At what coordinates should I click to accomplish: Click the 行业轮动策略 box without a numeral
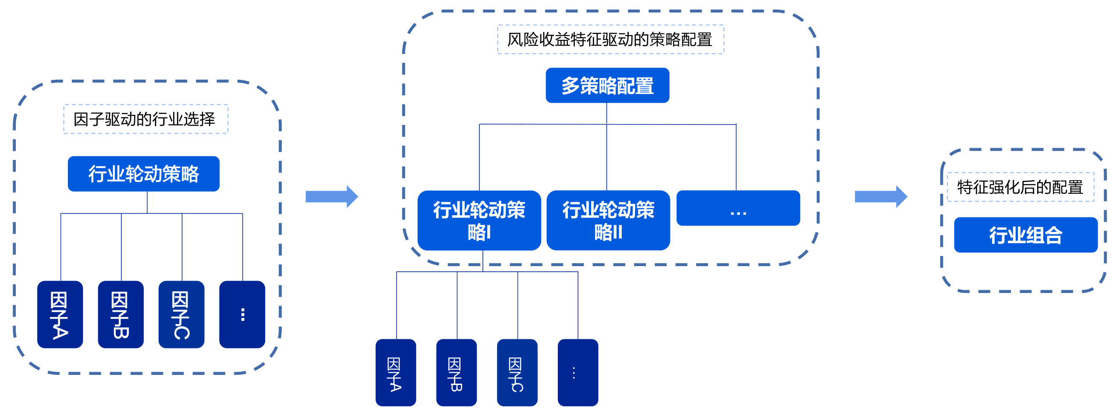[143, 174]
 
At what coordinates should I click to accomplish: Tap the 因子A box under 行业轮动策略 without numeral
[60, 314]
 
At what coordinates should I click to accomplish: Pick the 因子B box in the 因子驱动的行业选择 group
[120, 314]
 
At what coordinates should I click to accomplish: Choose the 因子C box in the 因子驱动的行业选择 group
[181, 314]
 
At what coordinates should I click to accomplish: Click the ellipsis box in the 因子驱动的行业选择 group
[242, 314]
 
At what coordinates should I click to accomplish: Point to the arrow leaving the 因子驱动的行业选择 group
[332, 196]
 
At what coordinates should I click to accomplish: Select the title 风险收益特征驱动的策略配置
[610, 39]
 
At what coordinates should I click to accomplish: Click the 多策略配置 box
[607, 85]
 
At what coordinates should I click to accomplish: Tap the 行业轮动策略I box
[479, 220]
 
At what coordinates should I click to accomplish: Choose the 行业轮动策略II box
[608, 220]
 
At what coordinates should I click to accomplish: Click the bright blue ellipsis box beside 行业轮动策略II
[738, 208]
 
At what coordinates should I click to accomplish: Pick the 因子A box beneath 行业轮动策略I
[396, 373]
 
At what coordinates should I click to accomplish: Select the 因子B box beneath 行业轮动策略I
[456, 373]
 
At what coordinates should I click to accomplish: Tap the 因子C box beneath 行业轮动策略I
[517, 373]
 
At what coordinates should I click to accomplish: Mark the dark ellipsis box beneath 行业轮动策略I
[577, 373]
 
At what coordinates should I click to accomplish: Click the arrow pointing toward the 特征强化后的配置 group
[881, 196]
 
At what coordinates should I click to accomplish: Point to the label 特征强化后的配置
[1020, 187]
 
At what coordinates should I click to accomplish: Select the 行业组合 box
[1025, 235]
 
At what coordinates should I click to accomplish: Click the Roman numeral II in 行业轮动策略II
[616, 232]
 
